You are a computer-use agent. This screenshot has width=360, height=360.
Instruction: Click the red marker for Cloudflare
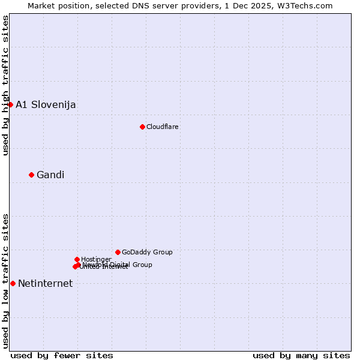[x=142, y=127]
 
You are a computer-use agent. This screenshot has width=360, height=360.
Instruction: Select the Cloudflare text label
[x=162, y=127]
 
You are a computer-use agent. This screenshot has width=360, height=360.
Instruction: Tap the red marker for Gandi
[x=31, y=175]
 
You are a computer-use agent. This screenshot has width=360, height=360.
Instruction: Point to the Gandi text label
[x=50, y=175]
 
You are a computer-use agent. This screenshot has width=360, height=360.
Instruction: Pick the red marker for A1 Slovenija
[x=10, y=104]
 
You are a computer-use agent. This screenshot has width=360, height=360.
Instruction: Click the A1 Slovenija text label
[x=46, y=105]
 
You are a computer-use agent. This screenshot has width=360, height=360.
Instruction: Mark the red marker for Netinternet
[x=13, y=283]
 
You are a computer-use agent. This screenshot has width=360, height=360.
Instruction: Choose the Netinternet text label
[x=45, y=284]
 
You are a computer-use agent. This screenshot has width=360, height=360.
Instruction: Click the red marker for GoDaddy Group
[x=118, y=252]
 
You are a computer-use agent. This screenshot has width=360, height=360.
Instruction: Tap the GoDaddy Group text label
[x=147, y=253]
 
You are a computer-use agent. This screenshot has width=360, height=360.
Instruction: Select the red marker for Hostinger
[x=77, y=259]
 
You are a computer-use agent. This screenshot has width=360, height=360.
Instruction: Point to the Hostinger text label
[x=96, y=260]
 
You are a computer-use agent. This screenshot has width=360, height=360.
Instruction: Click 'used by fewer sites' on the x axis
[x=62, y=355]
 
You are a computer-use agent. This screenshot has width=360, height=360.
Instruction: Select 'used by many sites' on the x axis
[x=301, y=355]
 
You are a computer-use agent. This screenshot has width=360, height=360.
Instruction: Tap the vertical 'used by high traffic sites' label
[x=5, y=85]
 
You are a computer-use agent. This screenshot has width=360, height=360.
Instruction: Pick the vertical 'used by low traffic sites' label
[x=5, y=280]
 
